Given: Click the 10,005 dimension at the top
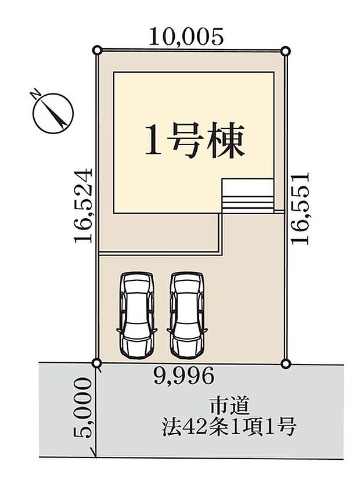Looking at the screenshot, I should coord(186,37).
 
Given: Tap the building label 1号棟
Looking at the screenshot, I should coord(193,142).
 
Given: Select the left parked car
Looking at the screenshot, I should coord(137,314).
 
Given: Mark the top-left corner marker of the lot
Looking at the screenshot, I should coord(98,51).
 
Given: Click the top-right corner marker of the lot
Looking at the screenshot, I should coord(285,51).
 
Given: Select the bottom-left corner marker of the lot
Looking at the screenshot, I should coord(97,363).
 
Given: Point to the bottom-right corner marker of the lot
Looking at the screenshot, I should coord(285,363).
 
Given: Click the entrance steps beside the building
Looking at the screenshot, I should coord(247,195).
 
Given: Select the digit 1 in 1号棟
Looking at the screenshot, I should coord(153,143).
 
